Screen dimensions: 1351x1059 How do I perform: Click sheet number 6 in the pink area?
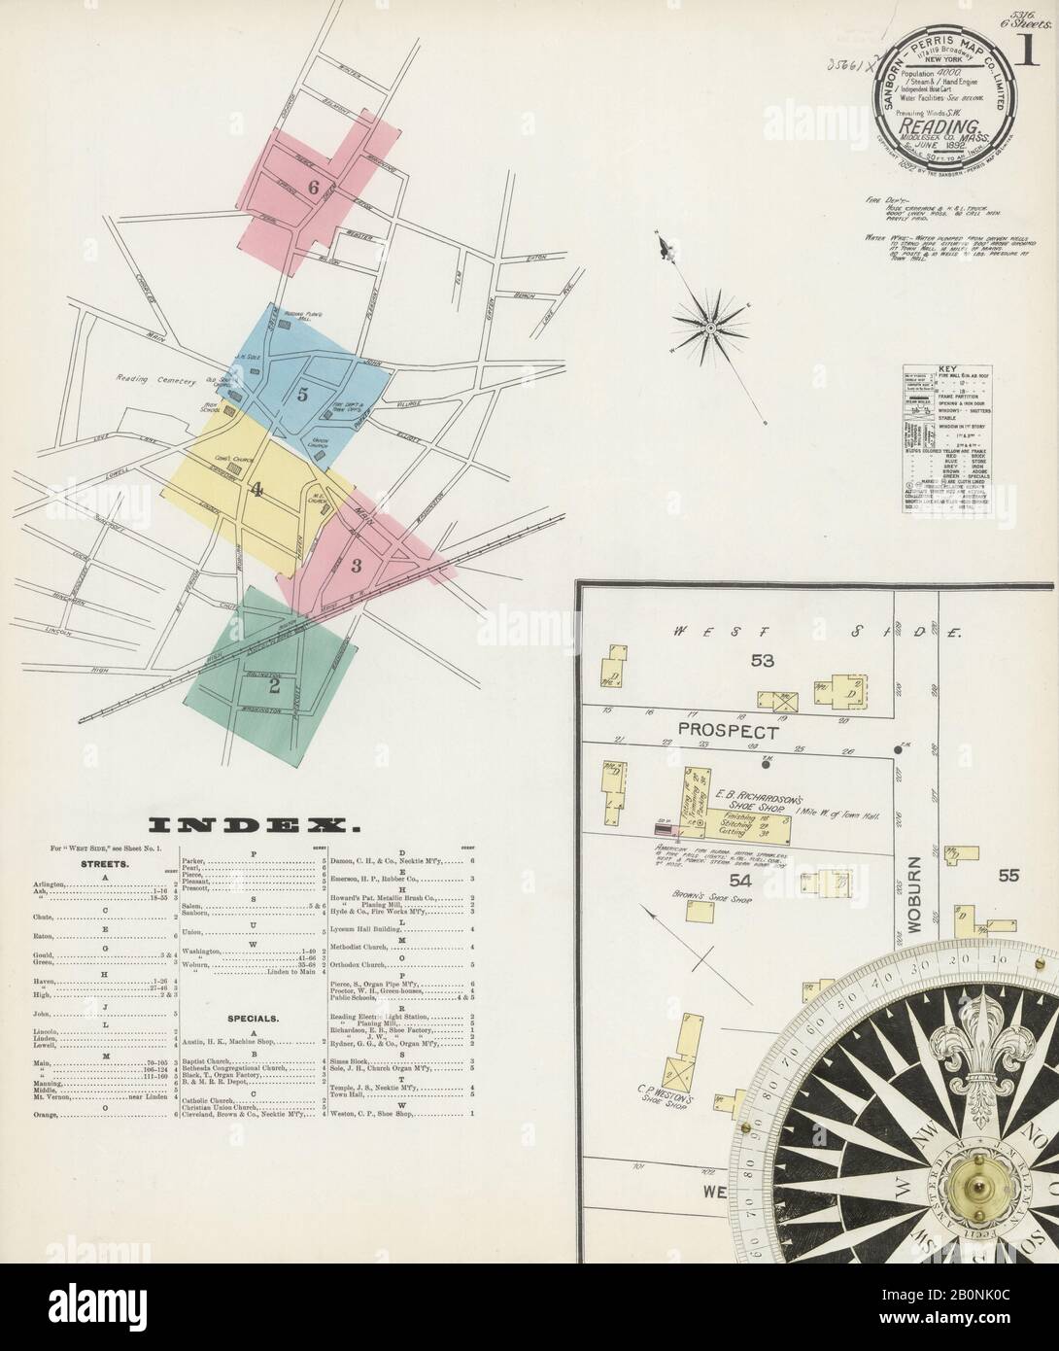314,187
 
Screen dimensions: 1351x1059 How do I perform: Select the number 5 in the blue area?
303,394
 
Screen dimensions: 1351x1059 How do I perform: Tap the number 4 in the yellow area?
256,490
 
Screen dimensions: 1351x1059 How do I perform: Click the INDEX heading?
250,827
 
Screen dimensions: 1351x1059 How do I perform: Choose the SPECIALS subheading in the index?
255,1019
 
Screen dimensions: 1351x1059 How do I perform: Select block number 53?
762,661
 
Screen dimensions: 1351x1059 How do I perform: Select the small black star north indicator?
709,329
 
